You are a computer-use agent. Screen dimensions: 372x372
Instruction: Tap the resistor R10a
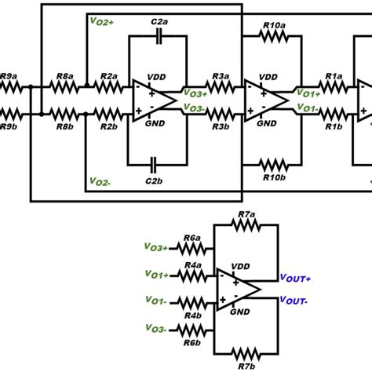click(x=272, y=35)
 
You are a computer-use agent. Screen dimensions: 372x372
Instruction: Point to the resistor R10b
click(x=272, y=165)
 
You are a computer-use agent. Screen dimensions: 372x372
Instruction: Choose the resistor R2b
click(x=108, y=112)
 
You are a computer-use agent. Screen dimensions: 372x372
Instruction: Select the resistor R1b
click(x=334, y=112)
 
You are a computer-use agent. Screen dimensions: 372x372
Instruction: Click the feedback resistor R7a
click(x=246, y=224)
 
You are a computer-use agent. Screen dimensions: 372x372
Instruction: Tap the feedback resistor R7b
click(x=246, y=351)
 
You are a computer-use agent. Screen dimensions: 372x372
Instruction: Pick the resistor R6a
click(x=191, y=248)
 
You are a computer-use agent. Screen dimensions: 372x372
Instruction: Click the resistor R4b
click(x=191, y=301)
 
